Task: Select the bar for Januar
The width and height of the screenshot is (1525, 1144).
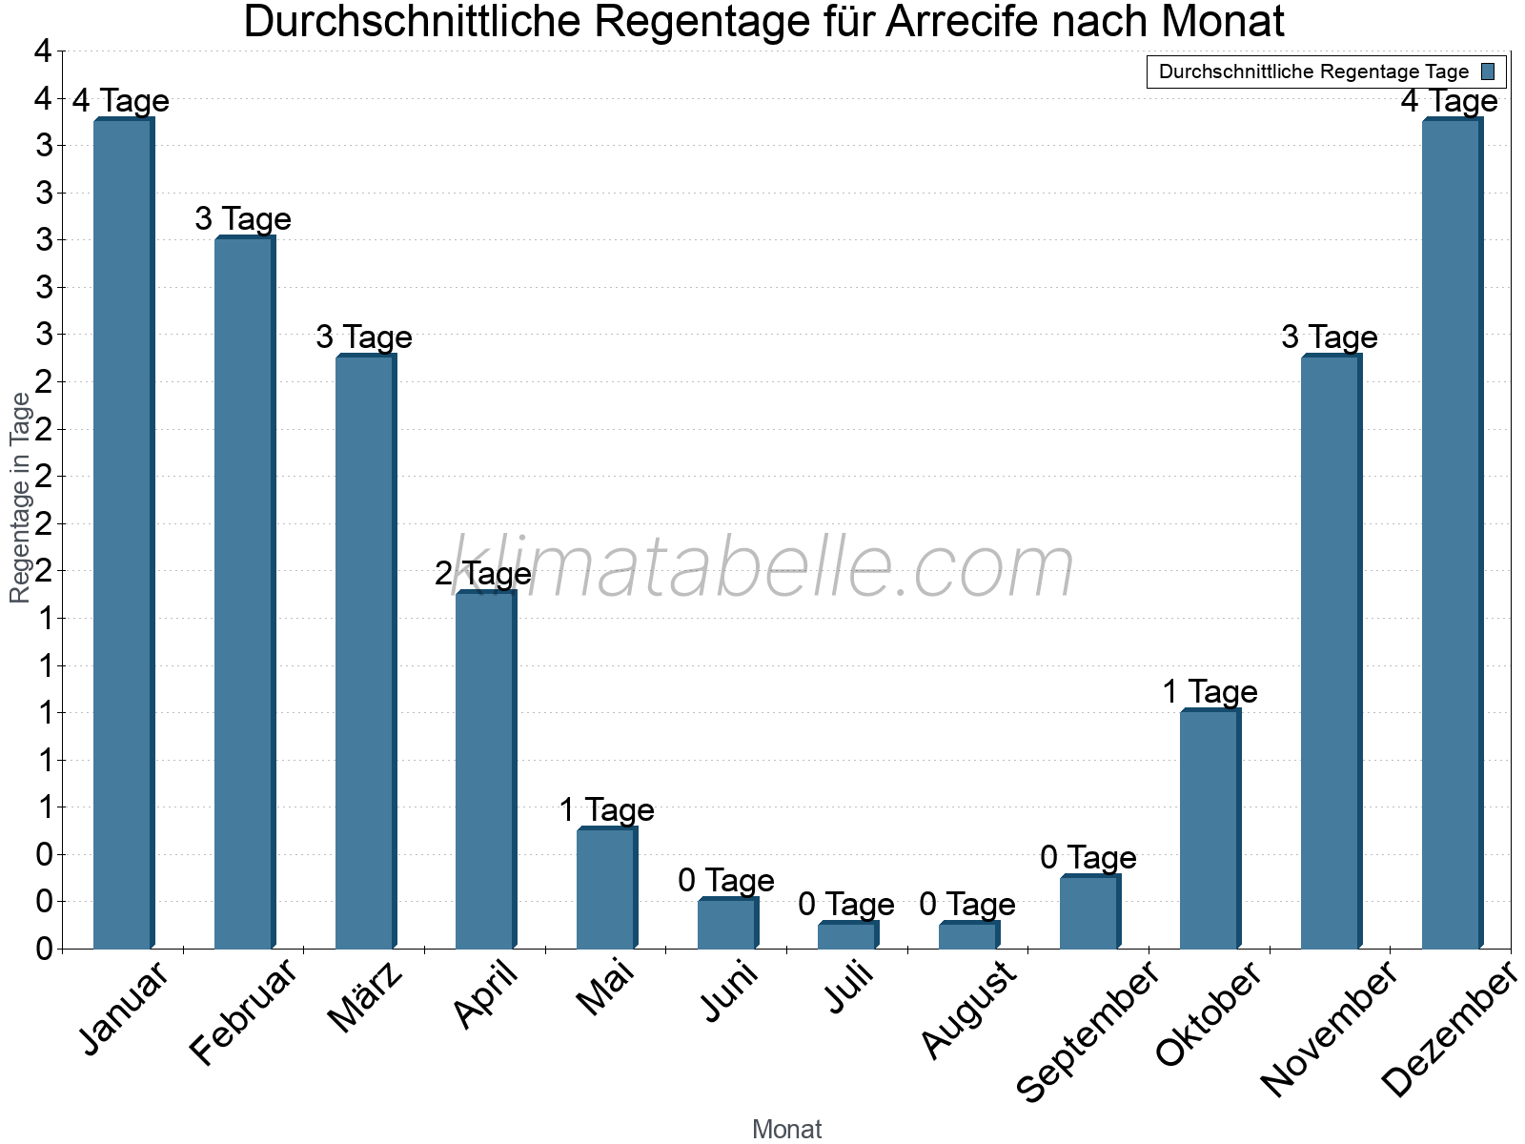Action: (x=123, y=534)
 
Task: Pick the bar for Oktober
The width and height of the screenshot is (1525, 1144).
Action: (x=1210, y=829)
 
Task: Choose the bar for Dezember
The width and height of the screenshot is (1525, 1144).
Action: (x=1451, y=534)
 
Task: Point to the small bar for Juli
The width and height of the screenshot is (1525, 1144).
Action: (x=847, y=936)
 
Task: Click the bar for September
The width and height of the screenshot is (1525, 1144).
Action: (x=1088, y=912)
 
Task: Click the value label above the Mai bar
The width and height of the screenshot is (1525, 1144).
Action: (x=606, y=810)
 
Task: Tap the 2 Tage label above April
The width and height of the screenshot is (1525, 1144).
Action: (x=483, y=574)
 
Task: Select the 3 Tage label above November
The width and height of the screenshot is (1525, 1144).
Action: (x=1329, y=337)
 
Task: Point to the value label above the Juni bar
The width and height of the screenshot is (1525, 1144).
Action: (x=726, y=881)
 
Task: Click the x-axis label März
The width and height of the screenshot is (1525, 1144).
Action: (x=366, y=998)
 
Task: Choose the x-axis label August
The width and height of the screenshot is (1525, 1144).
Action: (x=969, y=1010)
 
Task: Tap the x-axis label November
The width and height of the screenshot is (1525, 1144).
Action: (x=1329, y=1029)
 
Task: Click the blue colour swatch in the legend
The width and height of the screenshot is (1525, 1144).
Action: (x=1488, y=71)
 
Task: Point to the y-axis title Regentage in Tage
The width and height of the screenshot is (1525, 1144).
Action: (x=21, y=498)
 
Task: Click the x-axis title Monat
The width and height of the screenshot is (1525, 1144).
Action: (x=786, y=1130)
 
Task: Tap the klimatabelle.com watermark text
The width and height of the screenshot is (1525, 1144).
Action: (x=762, y=568)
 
